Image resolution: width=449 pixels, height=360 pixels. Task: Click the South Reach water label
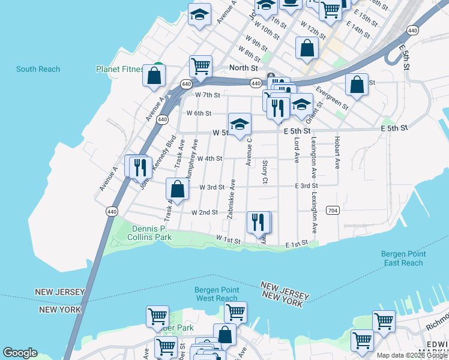click(x=38, y=69)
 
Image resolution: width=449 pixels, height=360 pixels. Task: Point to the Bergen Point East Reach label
click(x=403, y=259)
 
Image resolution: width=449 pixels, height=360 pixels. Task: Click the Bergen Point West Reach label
click(x=217, y=294)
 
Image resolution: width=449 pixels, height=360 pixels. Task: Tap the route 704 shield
click(x=333, y=211)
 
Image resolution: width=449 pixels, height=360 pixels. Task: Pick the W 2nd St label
click(x=204, y=212)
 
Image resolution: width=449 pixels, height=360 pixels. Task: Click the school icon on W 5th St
click(x=240, y=124)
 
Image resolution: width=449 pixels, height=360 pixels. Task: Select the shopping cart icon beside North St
click(x=200, y=66)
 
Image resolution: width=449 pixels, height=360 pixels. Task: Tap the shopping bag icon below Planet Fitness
click(x=154, y=76)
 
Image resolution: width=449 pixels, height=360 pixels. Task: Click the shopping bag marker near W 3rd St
click(x=178, y=189)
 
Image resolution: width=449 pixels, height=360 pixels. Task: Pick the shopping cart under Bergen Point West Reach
click(x=235, y=312)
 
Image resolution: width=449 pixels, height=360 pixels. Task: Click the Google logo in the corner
click(x=20, y=353)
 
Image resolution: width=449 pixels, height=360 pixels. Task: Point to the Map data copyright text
click(x=412, y=355)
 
